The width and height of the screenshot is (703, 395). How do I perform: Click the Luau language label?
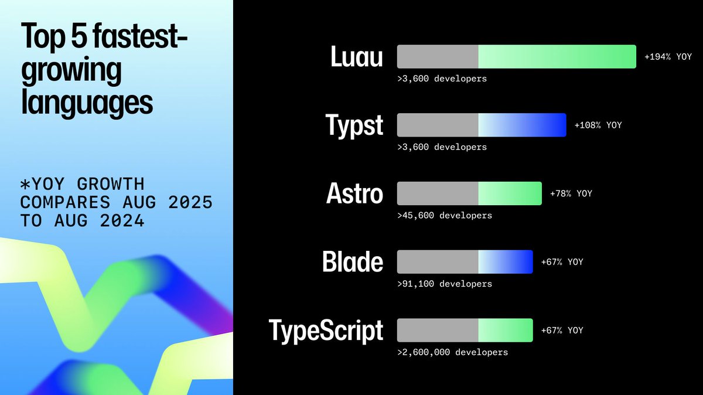(357, 57)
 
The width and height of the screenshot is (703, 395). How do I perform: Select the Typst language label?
(354, 125)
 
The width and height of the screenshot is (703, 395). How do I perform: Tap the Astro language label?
(354, 194)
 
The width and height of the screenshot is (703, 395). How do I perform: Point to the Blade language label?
(353, 262)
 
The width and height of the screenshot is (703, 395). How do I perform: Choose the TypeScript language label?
(326, 331)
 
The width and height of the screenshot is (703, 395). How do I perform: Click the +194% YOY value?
(668, 57)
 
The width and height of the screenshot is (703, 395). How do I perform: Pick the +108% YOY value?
(598, 125)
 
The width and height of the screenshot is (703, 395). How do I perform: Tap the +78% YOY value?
(571, 193)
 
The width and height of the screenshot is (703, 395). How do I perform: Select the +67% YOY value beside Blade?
(562, 262)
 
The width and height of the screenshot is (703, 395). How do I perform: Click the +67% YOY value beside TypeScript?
(562, 331)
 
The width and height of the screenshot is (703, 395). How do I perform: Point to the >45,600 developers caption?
(445, 215)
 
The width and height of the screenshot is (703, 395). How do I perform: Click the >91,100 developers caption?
(445, 284)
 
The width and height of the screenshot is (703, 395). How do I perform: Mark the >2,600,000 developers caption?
(452, 352)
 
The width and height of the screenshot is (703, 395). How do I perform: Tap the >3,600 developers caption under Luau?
(442, 78)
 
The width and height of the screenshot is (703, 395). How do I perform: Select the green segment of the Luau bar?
(557, 57)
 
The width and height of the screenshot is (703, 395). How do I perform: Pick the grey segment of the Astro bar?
(438, 193)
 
